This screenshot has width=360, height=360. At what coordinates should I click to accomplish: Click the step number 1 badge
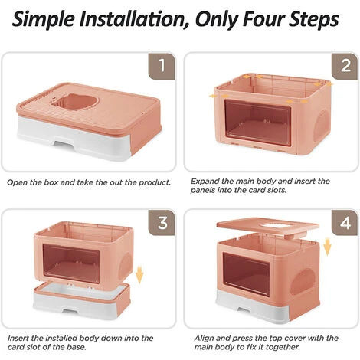162,66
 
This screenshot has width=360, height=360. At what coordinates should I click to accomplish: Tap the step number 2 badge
345,66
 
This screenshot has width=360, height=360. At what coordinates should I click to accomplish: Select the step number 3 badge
162,222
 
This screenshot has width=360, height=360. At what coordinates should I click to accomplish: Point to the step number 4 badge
345,222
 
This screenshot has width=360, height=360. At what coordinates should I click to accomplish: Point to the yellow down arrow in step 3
139,274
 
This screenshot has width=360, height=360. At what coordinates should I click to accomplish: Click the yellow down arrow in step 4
327,247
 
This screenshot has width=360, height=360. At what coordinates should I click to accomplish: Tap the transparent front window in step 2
257,123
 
